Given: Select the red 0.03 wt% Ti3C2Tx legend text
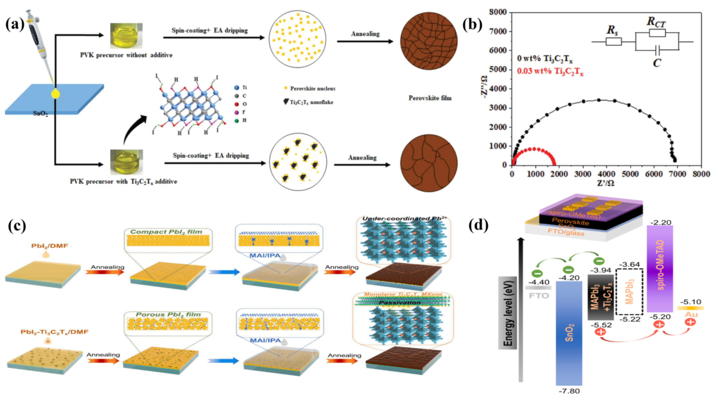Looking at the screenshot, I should click(550, 71).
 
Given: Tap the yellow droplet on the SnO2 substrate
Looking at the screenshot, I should click(56, 94).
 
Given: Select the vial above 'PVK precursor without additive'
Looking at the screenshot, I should click(126, 36).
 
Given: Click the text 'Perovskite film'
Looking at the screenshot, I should click(430, 98).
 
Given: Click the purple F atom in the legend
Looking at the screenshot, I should click(237, 112).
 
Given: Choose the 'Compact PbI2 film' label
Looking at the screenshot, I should click(166, 232).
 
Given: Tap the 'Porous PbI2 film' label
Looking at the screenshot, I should click(168, 314).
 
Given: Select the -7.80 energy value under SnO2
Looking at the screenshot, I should click(569, 391).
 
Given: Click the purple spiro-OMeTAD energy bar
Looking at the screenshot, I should click(660, 269).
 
